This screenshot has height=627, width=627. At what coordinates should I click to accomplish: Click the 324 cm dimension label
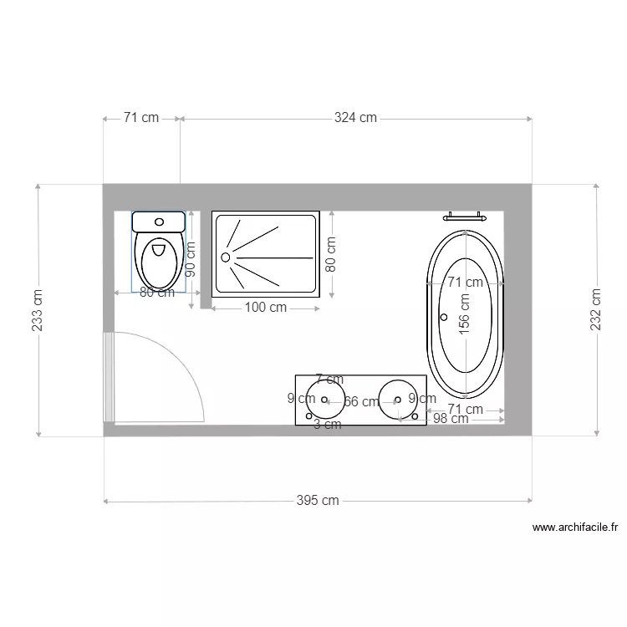355,118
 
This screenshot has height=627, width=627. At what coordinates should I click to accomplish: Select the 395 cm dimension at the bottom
318,501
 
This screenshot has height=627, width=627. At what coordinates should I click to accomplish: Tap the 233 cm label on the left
38,310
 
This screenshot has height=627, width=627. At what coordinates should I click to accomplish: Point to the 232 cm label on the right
595,309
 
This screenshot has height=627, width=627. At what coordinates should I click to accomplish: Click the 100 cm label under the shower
266,308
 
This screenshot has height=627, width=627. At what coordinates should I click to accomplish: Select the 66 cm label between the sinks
361,402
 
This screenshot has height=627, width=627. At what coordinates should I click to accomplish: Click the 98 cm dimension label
450,419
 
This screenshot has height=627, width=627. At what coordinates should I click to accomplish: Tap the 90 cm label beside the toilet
191,259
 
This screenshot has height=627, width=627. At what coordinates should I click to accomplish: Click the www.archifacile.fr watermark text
574,528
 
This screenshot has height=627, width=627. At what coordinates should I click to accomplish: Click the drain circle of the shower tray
225,257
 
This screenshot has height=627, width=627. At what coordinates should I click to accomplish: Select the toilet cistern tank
158,222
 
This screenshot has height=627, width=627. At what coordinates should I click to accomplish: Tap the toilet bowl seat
158,259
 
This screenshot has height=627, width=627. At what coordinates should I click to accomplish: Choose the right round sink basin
397,397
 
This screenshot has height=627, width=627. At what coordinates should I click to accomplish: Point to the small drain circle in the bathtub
444,318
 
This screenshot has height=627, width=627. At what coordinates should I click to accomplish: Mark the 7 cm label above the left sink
329,380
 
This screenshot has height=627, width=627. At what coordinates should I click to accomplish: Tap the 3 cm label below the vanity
327,425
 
